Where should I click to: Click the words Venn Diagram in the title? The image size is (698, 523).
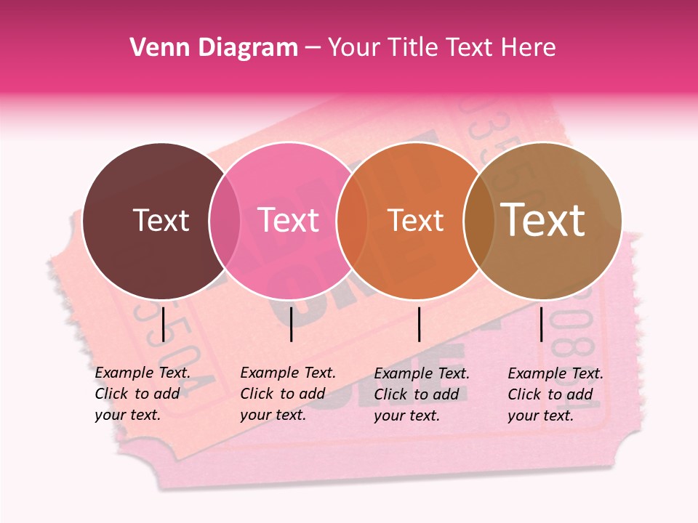[214, 48]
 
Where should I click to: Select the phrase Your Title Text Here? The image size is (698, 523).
[441, 48]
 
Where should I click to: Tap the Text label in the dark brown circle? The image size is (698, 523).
[161, 220]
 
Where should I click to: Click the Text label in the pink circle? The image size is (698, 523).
[289, 220]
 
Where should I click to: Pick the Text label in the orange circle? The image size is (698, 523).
[415, 220]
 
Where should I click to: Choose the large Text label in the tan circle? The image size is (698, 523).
[543, 220]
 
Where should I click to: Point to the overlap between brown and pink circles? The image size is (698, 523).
[225, 220]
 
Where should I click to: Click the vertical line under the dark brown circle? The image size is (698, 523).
[163, 324]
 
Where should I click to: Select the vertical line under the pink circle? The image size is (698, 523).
[291, 324]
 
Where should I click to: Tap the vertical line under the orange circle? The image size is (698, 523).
[419, 324]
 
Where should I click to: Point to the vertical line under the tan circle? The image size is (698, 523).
[541, 324]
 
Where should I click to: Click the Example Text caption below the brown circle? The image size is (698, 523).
[143, 394]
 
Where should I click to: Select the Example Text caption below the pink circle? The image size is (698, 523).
[288, 394]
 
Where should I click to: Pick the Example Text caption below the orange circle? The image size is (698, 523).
[422, 394]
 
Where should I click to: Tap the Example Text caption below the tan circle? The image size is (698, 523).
[555, 394]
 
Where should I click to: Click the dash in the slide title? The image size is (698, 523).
[312, 48]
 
